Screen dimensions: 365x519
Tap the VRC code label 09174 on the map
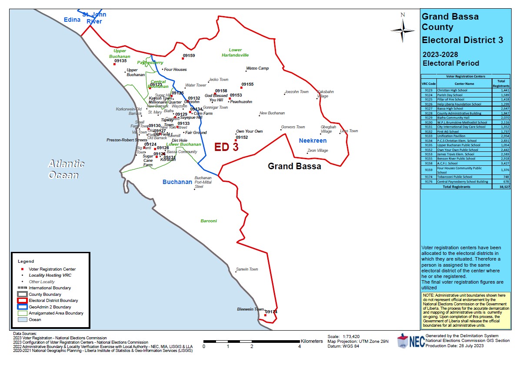(271, 311)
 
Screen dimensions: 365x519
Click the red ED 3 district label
(226, 147)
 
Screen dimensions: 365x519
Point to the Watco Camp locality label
(257, 68)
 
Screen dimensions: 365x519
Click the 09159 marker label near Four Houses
(189, 56)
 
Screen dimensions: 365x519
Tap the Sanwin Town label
(247, 269)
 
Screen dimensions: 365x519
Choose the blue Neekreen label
(313, 141)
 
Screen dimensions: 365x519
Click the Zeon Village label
(318, 151)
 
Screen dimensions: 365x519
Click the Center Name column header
(464, 84)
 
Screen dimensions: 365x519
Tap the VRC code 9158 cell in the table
(428, 164)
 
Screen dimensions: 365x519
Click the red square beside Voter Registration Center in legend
(22, 269)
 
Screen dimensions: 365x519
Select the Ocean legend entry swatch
(22, 320)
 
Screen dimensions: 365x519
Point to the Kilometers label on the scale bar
(312, 341)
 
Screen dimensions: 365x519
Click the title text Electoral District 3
(462, 40)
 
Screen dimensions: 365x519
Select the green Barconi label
(209, 221)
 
